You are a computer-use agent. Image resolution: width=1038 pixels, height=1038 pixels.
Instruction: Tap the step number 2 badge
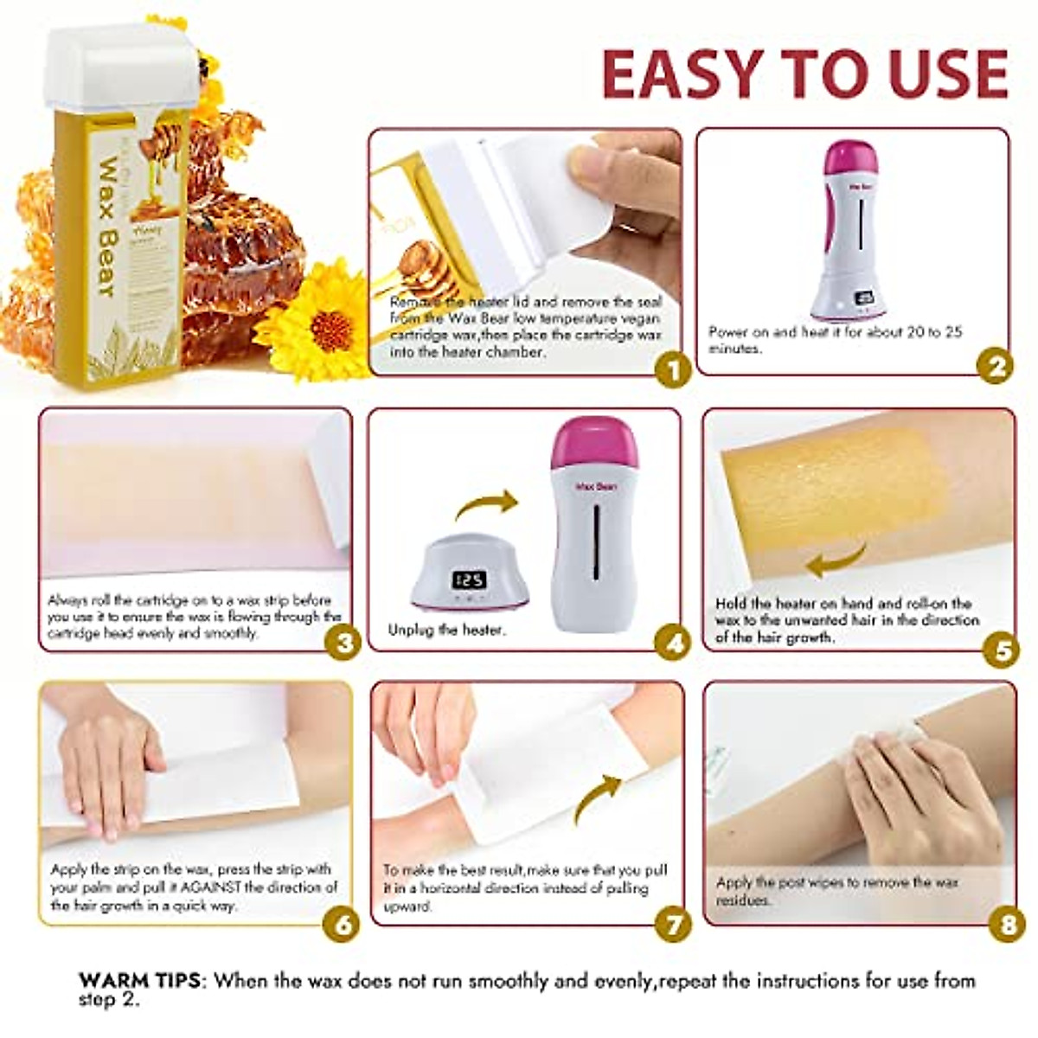pyautogui.click(x=995, y=367)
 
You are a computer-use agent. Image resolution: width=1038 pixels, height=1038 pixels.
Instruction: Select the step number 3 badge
pyautogui.click(x=343, y=644)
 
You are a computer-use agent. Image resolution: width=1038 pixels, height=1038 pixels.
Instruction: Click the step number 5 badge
pyautogui.click(x=1001, y=649)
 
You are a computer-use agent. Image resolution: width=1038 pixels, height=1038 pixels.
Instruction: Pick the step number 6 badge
pyautogui.click(x=342, y=924)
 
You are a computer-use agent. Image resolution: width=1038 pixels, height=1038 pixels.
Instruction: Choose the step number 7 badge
pyautogui.click(x=673, y=924)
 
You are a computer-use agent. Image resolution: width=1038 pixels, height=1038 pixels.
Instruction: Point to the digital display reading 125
pyautogui.click(x=471, y=579)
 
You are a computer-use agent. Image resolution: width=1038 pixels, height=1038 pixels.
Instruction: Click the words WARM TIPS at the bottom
pyautogui.click(x=142, y=981)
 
